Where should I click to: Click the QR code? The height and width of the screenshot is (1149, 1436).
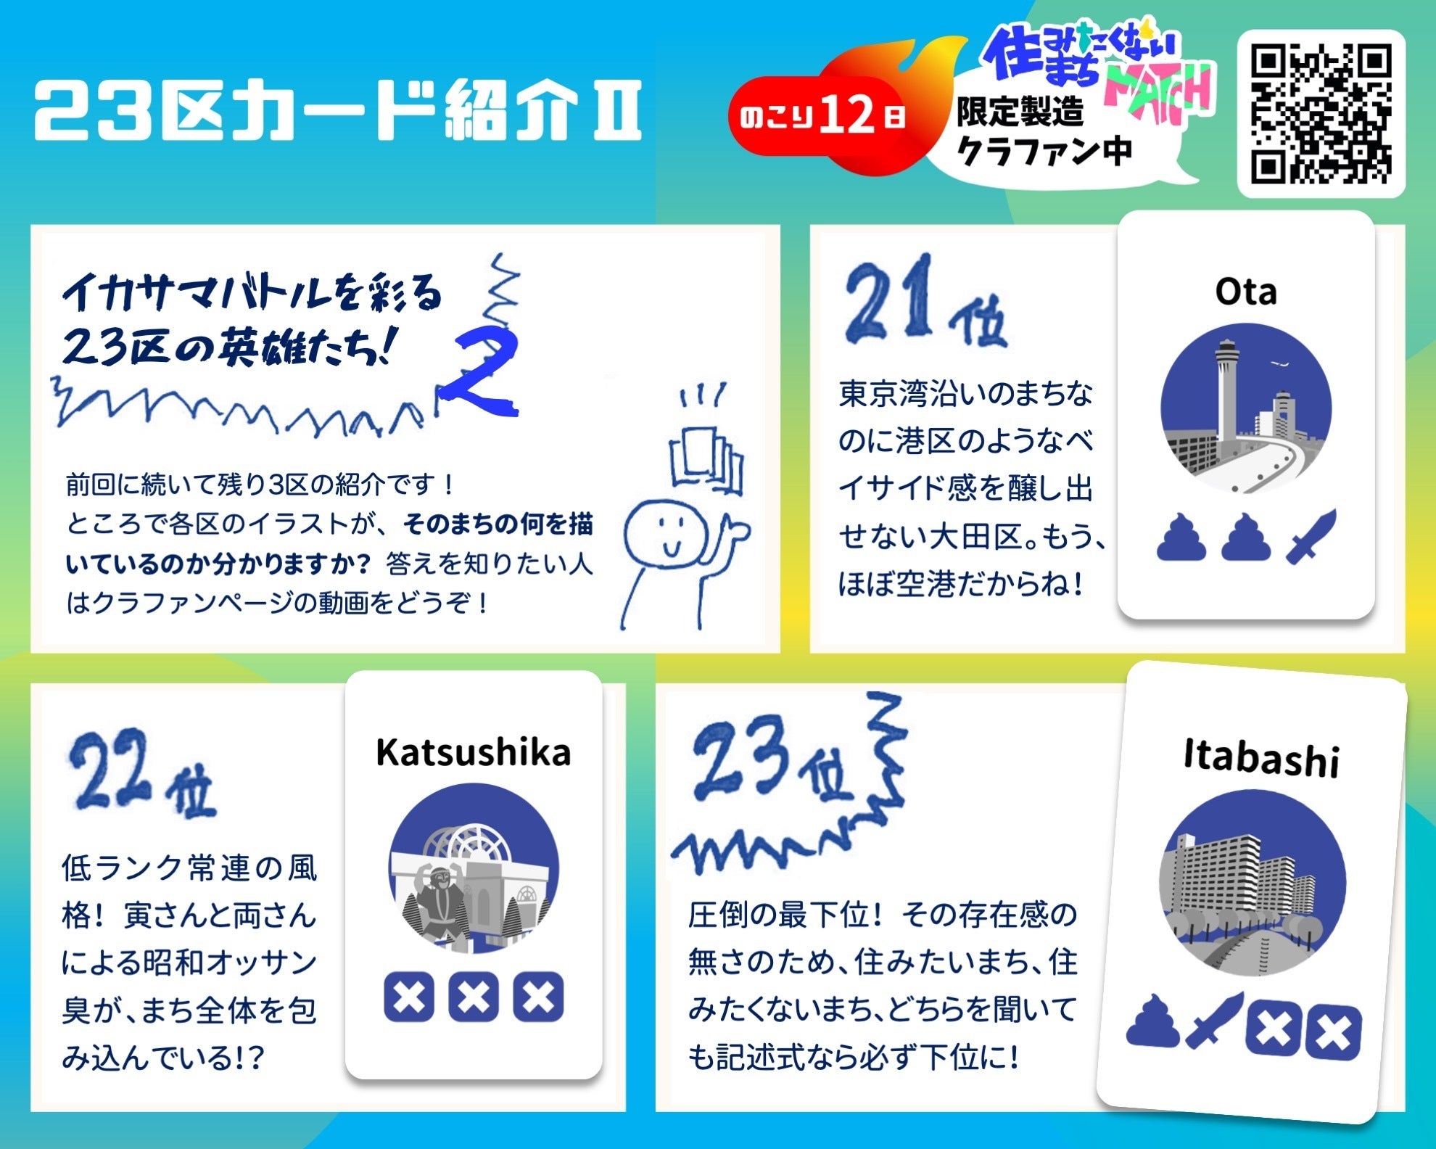tap(1321, 113)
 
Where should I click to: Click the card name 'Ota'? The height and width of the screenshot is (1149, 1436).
tap(1246, 292)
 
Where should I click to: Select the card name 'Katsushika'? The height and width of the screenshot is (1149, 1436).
tap(473, 752)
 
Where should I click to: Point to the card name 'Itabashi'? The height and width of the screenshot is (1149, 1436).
tap(1261, 759)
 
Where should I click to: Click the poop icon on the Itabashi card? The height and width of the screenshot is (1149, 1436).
tap(1154, 1020)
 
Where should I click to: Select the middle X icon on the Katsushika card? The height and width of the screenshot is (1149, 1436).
tap(474, 996)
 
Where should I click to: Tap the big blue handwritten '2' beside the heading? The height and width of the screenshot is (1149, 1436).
tap(482, 374)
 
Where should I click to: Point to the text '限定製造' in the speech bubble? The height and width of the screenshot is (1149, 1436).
tap(1020, 112)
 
